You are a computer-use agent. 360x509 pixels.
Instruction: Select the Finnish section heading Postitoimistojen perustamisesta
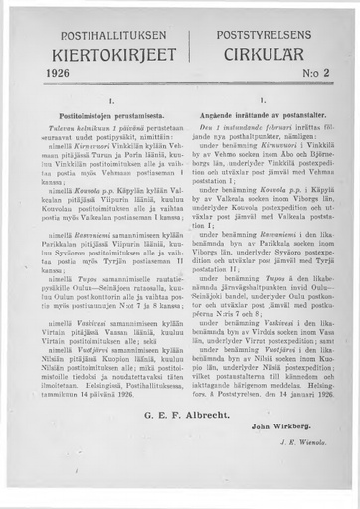click(x=98, y=117)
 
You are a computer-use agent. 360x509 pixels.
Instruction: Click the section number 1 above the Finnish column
click(x=98, y=101)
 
